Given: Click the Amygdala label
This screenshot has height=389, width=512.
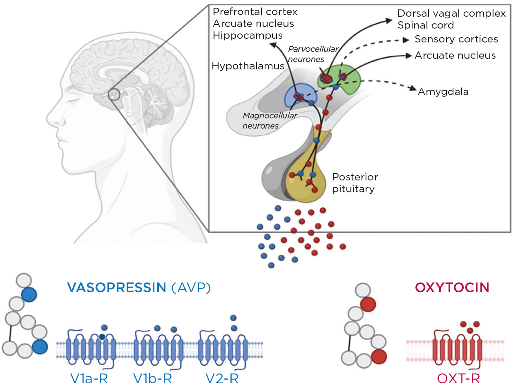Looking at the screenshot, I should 443,92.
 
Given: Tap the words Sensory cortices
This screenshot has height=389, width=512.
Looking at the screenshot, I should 456,39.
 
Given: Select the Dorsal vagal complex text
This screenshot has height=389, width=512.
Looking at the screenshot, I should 451,13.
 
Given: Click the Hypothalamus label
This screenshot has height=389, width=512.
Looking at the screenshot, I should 248,66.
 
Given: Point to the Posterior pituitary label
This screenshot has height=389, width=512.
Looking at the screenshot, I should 355,183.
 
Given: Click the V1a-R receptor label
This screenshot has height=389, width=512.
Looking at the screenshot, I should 89,379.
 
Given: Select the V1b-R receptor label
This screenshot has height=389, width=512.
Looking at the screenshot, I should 153,379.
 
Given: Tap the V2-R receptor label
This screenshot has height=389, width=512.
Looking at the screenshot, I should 222,379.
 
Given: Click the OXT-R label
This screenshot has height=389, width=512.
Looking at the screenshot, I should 458,379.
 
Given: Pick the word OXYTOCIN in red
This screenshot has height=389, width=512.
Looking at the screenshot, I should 452,287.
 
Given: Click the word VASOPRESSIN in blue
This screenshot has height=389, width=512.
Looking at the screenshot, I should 117,287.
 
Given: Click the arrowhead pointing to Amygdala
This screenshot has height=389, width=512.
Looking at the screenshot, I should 413,89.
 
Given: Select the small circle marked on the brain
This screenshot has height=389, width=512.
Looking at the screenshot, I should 114,94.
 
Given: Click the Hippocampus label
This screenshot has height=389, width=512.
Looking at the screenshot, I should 247,35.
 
